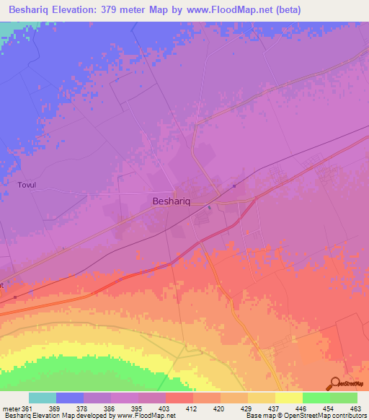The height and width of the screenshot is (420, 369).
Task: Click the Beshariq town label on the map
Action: (x=172, y=203)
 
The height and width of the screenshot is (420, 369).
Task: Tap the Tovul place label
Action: (x=27, y=185)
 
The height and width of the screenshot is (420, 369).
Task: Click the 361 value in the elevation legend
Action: (x=27, y=408)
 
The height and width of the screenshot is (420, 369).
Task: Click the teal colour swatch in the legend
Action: (x=43, y=398)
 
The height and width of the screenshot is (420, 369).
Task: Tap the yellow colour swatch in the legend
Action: (x=288, y=398)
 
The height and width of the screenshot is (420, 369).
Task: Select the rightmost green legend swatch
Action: (x=344, y=398)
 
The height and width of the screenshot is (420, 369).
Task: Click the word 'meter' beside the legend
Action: (x=10, y=408)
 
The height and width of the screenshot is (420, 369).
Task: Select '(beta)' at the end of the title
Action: (x=284, y=10)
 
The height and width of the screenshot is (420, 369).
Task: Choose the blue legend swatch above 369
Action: (x=70, y=398)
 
